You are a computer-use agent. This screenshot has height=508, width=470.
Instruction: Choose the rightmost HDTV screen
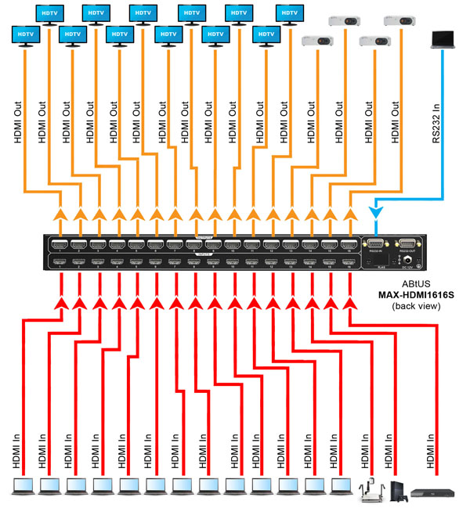click(x=289, y=14)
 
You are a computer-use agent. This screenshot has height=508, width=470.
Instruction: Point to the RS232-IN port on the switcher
click(x=374, y=245)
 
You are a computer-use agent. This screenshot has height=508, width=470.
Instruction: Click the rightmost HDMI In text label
click(x=430, y=452)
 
